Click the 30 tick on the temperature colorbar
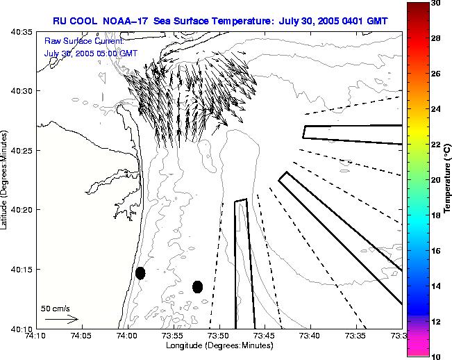(x=435, y=3)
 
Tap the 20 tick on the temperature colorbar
(x=435, y=180)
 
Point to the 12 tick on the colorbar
(x=435, y=321)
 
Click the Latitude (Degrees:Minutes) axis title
(x=6, y=180)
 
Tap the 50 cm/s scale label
(x=56, y=308)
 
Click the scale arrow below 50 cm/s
(x=61, y=319)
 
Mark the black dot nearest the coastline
(x=140, y=273)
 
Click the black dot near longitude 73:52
(x=197, y=286)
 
